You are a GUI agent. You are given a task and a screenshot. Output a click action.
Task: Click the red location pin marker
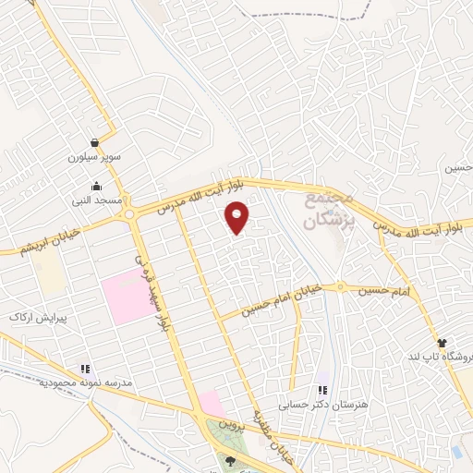coord(238,218)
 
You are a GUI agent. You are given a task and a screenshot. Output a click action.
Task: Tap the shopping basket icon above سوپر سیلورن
coord(97,142)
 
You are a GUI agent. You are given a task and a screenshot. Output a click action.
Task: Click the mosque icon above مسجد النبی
coord(97,185)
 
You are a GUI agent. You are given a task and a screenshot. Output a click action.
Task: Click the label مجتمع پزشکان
coord(329,210)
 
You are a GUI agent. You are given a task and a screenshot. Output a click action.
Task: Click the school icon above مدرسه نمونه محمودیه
coord(85,369)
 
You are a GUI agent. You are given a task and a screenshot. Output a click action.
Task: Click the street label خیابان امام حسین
coord(282,300)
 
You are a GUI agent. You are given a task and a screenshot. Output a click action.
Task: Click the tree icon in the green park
coord(230,461)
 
